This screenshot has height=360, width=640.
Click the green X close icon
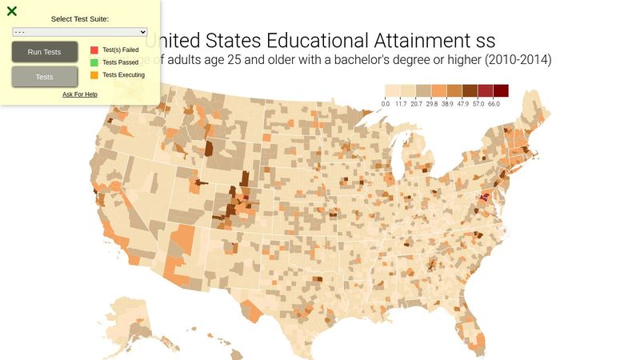pyautogui.click(x=12, y=11)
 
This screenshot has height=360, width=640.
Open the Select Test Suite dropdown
pyautogui.click(x=80, y=32)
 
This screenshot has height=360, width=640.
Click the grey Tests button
pyautogui.click(x=45, y=77)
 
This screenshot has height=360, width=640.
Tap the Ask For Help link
pyautogui.click(x=80, y=94)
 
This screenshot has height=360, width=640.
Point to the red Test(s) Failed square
pyautogui.click(x=94, y=50)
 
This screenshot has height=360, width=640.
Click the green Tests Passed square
pyautogui.click(x=94, y=62)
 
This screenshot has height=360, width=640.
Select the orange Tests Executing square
pyautogui.click(x=94, y=75)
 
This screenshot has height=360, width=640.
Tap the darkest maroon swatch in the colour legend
pyautogui.click(x=501, y=90)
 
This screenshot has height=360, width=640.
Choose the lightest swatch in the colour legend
pyautogui.click(x=393, y=90)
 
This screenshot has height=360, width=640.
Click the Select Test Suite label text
pyautogui.click(x=80, y=18)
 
